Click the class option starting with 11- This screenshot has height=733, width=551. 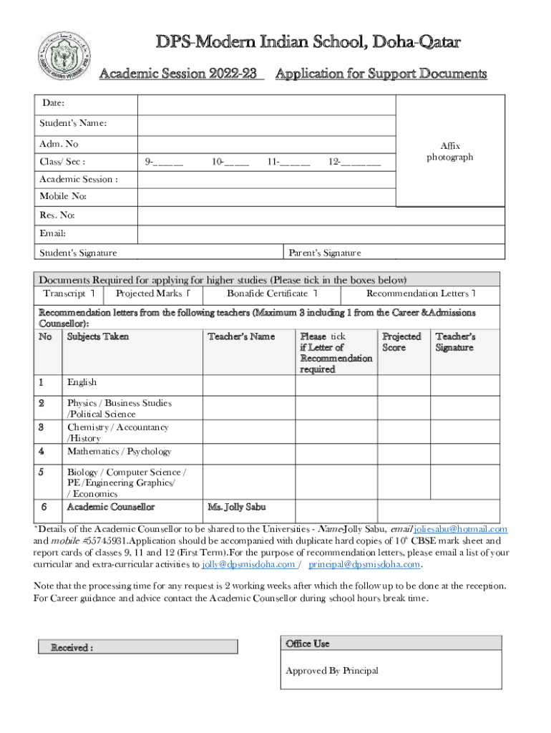click(x=288, y=162)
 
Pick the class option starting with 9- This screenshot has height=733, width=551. click(x=164, y=162)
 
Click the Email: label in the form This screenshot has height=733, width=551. click(x=53, y=233)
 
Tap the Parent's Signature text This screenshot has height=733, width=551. click(x=324, y=253)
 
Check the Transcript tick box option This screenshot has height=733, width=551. click(x=69, y=293)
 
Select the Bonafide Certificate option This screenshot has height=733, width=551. click(x=272, y=293)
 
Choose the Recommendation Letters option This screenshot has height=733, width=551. click(x=421, y=293)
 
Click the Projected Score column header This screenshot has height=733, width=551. click(x=401, y=341)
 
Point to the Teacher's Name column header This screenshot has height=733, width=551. click(x=240, y=336)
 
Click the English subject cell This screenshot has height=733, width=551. click(x=82, y=382)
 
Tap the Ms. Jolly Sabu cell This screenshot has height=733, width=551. click(x=236, y=507)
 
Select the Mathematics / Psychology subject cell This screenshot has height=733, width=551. click(x=119, y=451)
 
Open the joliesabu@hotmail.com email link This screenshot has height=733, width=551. click(x=461, y=529)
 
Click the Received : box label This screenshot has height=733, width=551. click(x=72, y=648)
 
